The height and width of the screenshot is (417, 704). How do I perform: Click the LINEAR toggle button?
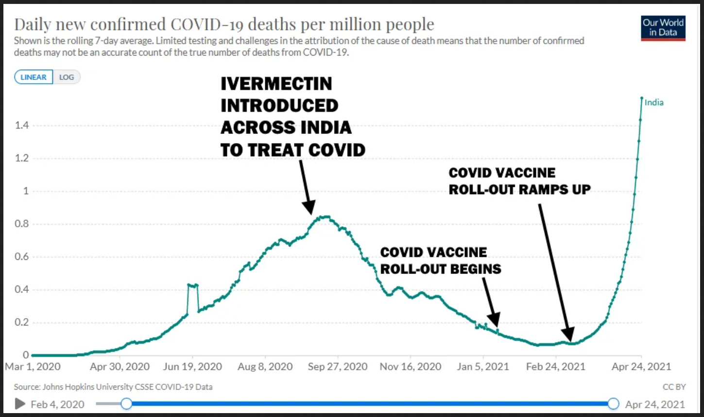(x=34, y=77)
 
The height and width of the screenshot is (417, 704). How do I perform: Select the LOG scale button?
(x=67, y=77)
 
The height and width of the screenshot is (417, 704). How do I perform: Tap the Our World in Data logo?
(x=663, y=28)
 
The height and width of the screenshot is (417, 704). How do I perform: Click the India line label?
(x=654, y=103)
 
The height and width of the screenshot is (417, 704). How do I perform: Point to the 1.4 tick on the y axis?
(x=22, y=126)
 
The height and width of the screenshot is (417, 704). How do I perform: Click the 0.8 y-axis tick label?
(x=22, y=224)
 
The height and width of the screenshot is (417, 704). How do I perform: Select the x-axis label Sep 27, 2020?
(x=338, y=367)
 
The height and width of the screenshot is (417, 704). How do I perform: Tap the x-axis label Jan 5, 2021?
(x=482, y=367)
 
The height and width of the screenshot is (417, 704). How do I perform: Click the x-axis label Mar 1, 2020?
(x=33, y=367)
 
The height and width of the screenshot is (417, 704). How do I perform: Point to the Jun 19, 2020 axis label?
(x=192, y=367)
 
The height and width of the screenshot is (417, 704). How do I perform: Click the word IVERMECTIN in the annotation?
(x=276, y=84)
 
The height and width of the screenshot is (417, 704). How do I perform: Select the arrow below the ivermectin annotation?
(x=306, y=187)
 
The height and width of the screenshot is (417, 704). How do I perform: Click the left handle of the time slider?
(x=126, y=403)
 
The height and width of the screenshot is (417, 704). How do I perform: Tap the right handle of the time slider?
(x=613, y=403)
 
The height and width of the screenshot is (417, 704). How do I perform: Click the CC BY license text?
(x=674, y=387)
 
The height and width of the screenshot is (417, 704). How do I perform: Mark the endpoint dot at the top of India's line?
(x=642, y=98)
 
